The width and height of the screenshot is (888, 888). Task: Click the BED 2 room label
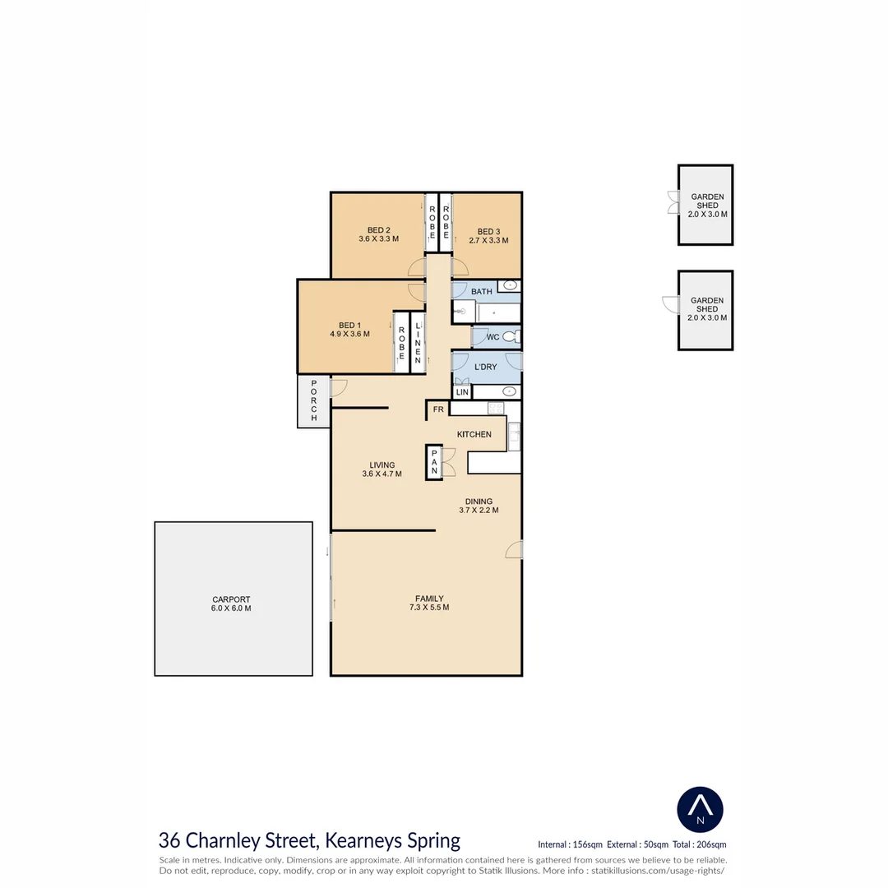378,230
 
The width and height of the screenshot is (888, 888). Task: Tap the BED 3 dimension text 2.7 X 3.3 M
488,241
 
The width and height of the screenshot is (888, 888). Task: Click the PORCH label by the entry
313,401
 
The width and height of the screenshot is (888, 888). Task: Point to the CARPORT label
230,599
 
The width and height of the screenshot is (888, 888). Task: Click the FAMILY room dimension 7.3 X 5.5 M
429,608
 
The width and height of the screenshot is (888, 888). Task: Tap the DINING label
479,501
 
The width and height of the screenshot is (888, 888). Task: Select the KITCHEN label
474,434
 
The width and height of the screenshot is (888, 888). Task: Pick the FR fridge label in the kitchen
438,409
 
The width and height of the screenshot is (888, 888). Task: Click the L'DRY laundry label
486,367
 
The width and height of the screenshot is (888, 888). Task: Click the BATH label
482,291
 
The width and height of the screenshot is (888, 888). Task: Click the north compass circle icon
700,809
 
